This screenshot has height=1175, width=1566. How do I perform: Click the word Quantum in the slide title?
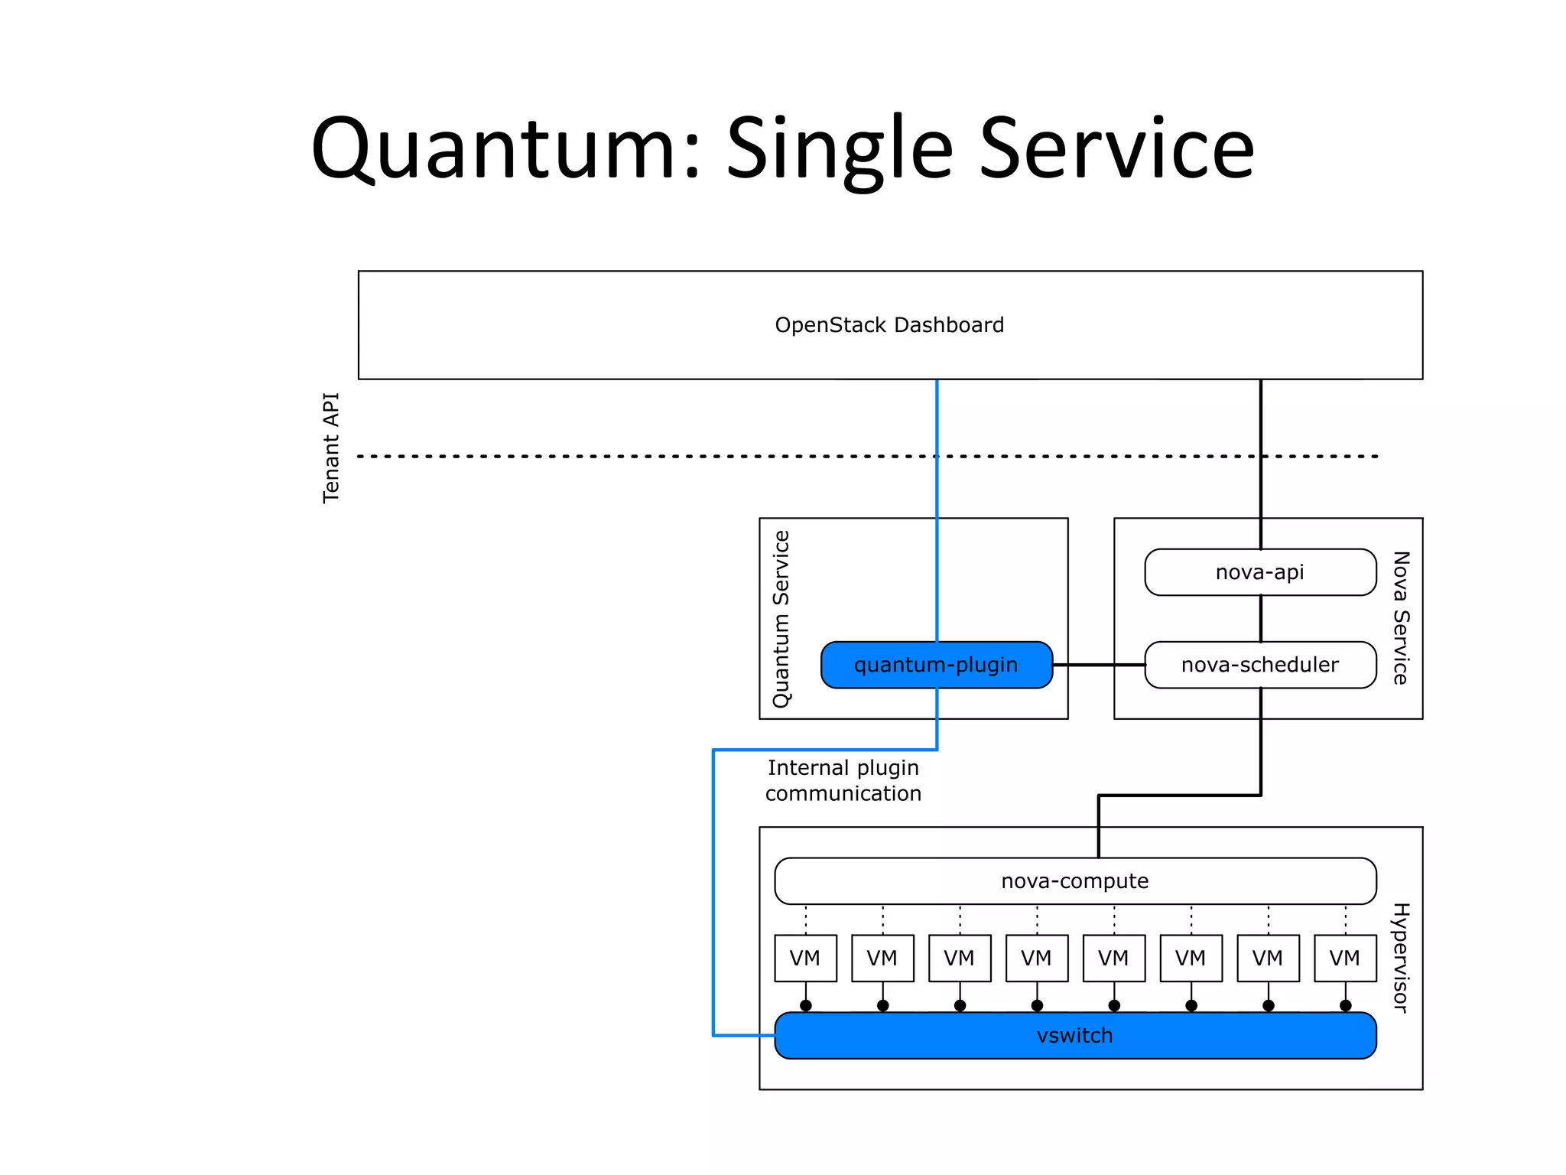[505, 149]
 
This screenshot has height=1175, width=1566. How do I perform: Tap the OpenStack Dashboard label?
[889, 325]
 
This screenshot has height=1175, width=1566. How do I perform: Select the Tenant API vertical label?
[330, 448]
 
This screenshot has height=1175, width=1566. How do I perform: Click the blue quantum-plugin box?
[936, 665]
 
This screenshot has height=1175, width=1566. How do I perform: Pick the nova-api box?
[1259, 572]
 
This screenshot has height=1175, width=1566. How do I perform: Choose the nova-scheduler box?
[1259, 665]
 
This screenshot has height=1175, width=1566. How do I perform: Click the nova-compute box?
[1074, 881]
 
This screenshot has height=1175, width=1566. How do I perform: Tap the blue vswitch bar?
[1074, 1036]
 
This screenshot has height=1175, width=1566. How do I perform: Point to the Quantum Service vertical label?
[781, 619]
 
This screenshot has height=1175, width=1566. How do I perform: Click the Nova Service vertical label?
[1400, 617]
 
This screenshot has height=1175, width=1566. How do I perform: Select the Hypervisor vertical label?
[1400, 958]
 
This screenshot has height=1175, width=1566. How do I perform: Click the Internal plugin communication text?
[843, 780]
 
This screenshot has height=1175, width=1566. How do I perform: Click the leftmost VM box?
[805, 958]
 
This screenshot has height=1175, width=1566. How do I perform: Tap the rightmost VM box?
[1345, 958]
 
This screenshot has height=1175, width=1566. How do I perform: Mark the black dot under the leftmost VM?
[805, 1005]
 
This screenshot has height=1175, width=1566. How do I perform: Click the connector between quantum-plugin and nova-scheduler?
[1099, 665]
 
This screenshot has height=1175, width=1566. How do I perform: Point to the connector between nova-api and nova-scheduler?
[1260, 618]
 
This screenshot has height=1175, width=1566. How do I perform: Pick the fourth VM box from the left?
[1037, 958]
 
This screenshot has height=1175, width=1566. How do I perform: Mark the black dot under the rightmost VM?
[1345, 1005]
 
